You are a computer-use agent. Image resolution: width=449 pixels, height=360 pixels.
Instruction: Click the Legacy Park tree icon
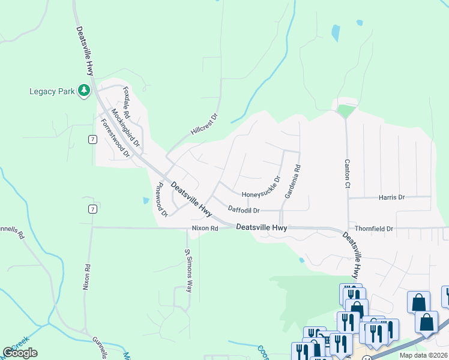click(x=85, y=91)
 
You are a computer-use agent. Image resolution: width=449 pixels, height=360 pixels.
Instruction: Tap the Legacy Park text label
click(x=52, y=91)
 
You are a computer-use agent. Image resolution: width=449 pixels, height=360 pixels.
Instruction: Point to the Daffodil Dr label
click(x=244, y=210)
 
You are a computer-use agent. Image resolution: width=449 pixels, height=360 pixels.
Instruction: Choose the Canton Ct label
click(x=347, y=173)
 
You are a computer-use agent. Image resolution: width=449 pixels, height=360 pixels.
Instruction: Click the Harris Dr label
click(x=392, y=197)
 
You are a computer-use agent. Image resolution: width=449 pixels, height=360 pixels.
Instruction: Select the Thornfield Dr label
click(x=373, y=229)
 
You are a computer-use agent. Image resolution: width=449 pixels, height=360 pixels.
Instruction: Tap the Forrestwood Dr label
click(x=115, y=137)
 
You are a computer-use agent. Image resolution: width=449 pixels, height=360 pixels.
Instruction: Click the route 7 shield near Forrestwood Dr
click(x=92, y=140)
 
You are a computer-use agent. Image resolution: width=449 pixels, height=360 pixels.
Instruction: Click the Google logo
click(x=20, y=353)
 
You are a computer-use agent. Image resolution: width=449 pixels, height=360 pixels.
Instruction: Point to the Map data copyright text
click(x=424, y=355)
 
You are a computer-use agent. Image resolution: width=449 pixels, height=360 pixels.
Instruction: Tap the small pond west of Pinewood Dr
click(x=146, y=200)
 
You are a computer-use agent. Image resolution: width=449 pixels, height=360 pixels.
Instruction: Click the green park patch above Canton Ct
click(x=346, y=111)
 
